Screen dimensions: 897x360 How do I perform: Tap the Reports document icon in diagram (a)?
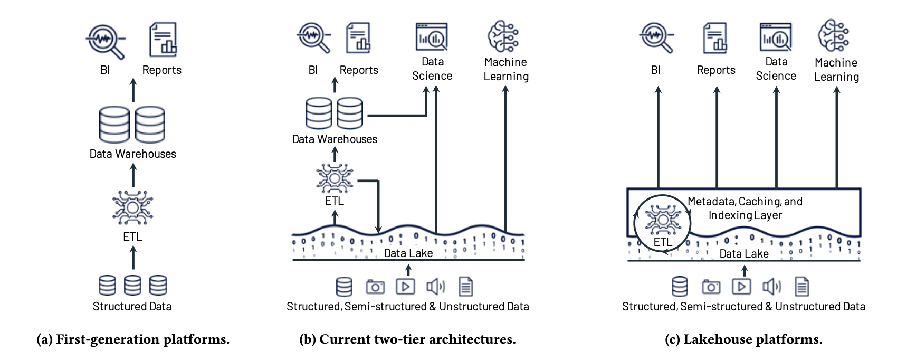(163, 40)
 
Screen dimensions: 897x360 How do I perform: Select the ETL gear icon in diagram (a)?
(132, 207)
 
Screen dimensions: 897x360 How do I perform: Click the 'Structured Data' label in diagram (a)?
(132, 306)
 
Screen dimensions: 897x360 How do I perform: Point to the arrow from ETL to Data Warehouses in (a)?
(133, 175)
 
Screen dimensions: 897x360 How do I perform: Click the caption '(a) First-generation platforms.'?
(133, 339)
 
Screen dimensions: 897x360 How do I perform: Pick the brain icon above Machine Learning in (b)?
(504, 36)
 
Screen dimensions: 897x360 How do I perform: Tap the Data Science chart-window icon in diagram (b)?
(432, 37)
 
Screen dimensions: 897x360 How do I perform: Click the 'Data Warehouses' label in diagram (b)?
(335, 139)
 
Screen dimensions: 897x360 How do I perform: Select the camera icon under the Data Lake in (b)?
(375, 287)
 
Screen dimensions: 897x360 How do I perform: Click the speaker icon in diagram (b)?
(436, 287)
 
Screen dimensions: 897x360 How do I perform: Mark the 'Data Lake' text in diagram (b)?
(408, 253)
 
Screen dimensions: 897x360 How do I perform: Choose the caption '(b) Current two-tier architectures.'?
(408, 339)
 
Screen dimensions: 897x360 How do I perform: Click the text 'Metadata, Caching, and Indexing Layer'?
(745, 208)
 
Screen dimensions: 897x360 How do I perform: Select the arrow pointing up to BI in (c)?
(658, 137)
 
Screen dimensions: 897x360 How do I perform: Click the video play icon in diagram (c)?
(742, 287)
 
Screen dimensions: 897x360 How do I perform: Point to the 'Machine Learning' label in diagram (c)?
(836, 70)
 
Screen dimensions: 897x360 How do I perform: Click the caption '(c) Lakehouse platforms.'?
(743, 339)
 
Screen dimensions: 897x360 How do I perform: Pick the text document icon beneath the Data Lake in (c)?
(801, 287)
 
